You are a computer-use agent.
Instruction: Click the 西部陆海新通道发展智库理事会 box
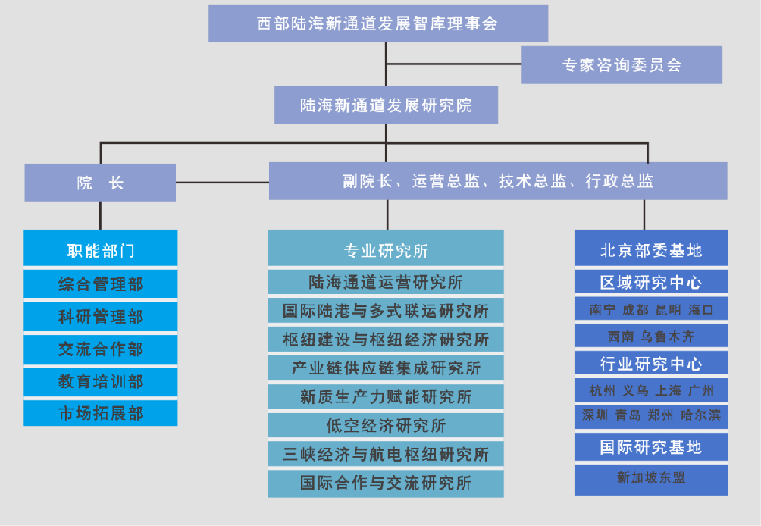click(x=377, y=23)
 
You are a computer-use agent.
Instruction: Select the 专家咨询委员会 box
click(x=622, y=65)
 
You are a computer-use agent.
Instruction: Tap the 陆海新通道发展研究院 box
click(x=386, y=105)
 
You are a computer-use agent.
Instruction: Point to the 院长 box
click(x=100, y=183)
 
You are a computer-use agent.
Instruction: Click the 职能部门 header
click(x=101, y=249)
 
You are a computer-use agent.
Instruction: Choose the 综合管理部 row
click(x=101, y=284)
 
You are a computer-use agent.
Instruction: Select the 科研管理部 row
click(x=101, y=317)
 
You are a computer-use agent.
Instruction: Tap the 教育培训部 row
click(x=101, y=381)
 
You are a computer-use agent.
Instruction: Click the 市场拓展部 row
click(x=101, y=414)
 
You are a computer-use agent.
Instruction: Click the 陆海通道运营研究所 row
click(x=386, y=283)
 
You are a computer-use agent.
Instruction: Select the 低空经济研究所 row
click(x=386, y=425)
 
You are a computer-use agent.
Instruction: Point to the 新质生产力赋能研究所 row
click(x=386, y=396)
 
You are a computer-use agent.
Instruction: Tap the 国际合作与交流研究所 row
click(x=386, y=483)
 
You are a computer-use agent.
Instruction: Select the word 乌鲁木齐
click(x=667, y=336)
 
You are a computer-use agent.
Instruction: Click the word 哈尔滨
click(x=701, y=415)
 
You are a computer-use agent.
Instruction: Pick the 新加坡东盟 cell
click(x=651, y=477)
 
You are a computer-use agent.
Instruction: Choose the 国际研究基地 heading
click(x=651, y=447)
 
